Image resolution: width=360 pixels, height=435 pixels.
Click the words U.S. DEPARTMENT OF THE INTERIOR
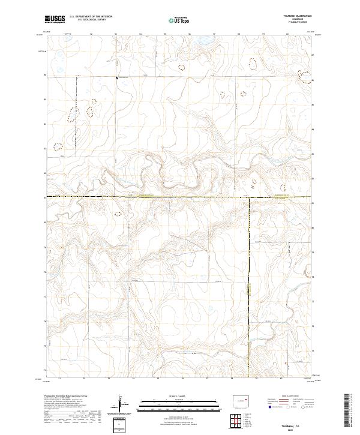click(91, 17)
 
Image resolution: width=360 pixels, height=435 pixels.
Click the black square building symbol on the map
click(116, 77)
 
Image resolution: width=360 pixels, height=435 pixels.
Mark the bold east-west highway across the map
click(150, 196)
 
